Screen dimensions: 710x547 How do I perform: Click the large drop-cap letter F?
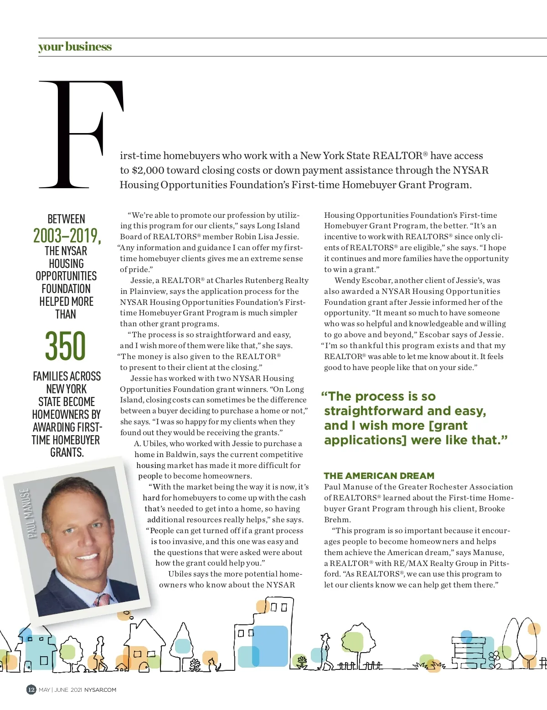pos(80,134)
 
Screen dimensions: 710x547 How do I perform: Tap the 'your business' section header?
pos(75,47)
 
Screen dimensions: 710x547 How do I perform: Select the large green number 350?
pos(65,346)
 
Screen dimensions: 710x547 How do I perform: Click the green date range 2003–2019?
pos(67,236)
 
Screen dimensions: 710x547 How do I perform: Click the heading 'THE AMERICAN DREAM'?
pos(379,476)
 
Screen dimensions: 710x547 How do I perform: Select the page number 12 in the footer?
pos(31,689)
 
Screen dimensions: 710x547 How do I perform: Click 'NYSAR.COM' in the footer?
pos(100,690)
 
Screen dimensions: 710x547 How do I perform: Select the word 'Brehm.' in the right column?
pos(337,520)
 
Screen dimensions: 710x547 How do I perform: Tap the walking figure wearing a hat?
pos(325,649)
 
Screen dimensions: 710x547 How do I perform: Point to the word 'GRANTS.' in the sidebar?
pos(67,453)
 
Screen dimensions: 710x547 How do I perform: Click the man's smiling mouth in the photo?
pos(87,556)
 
